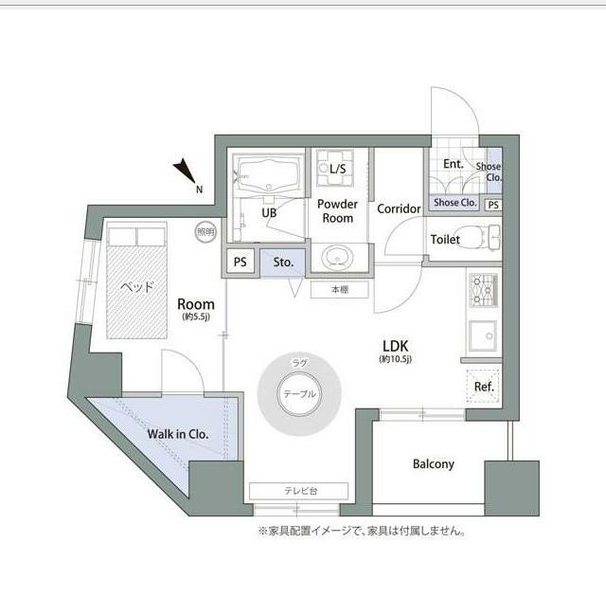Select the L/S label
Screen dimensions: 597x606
click(337, 169)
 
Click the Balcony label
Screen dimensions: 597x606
click(434, 464)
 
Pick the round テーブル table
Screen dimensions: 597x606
click(299, 394)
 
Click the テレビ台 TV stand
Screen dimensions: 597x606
click(299, 490)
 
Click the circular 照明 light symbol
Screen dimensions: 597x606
click(205, 231)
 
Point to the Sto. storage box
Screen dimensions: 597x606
click(282, 262)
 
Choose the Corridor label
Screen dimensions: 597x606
click(399, 209)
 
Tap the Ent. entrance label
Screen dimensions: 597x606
click(454, 164)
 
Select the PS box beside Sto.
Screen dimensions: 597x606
click(241, 262)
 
